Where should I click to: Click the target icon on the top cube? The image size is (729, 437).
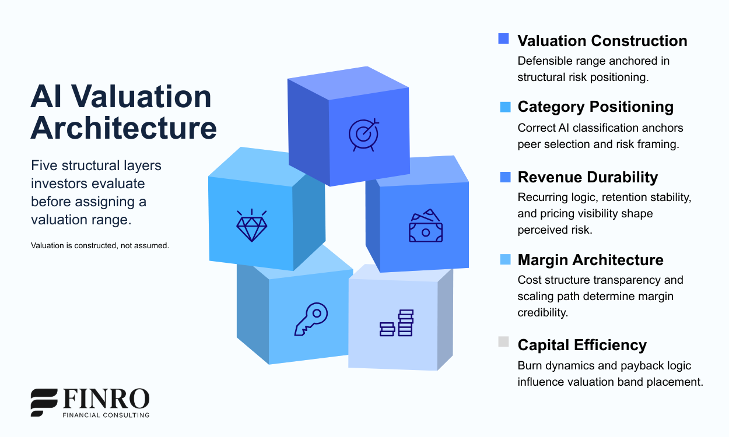pyautogui.click(x=363, y=134)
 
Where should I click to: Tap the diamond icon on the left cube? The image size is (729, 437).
pyautogui.click(x=251, y=225)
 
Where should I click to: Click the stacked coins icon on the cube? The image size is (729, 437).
pyautogui.click(x=397, y=323)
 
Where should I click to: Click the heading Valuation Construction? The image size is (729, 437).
pyautogui.click(x=602, y=41)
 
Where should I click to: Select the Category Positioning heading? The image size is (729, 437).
pyautogui.click(x=595, y=107)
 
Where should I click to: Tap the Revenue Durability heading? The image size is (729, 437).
pyautogui.click(x=587, y=178)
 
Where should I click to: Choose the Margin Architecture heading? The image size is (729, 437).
pyautogui.click(x=590, y=260)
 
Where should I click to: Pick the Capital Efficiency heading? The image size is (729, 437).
pyautogui.click(x=582, y=345)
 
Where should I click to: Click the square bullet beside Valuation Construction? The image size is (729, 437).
pyautogui.click(x=504, y=38)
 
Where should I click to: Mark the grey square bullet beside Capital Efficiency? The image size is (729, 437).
pyautogui.click(x=504, y=342)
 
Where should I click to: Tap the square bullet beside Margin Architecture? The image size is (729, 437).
pyautogui.click(x=505, y=259)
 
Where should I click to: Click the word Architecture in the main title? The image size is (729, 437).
pyautogui.click(x=124, y=128)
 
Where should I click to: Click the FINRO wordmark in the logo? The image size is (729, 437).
pyautogui.click(x=106, y=399)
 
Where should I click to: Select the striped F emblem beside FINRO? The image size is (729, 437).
pyautogui.click(x=44, y=402)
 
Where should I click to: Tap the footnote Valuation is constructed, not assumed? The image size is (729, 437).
pyautogui.click(x=100, y=245)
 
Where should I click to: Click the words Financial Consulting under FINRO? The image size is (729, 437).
pyautogui.click(x=106, y=415)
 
